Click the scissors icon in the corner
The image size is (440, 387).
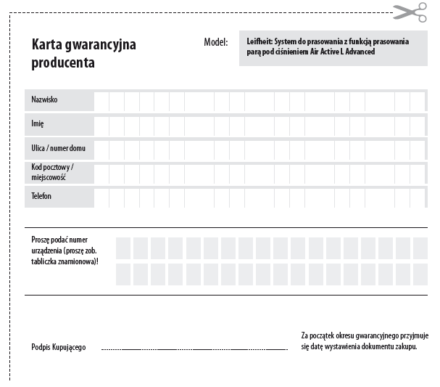click(410, 12)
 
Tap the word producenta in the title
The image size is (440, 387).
click(63, 63)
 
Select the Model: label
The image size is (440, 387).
click(215, 42)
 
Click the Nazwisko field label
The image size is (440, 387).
click(44, 99)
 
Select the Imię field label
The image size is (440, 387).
click(38, 123)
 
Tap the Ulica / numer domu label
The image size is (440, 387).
click(58, 148)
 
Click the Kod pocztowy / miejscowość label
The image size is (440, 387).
click(52, 172)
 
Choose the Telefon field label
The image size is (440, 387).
click(41, 196)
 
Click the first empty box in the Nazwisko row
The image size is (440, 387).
click(102, 100)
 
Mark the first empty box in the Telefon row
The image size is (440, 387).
click(102, 197)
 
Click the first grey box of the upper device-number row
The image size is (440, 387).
click(123, 248)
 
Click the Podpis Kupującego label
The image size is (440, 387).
click(59, 348)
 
